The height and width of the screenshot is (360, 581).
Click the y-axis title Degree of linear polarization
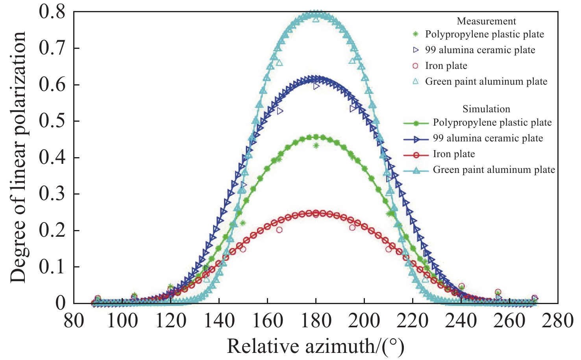[18, 158]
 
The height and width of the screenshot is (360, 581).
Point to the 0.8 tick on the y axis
[52, 12]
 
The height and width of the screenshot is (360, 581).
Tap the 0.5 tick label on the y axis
[52, 121]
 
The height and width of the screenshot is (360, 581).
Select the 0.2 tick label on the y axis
[52, 230]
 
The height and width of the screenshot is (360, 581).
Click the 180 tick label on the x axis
[316, 321]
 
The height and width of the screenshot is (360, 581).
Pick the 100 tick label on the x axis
[122, 321]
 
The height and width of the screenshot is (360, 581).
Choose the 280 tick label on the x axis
[557, 321]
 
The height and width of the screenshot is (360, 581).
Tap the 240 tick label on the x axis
[461, 321]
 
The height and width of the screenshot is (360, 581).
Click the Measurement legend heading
[486, 21]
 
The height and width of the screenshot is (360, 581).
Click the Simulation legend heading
[486, 109]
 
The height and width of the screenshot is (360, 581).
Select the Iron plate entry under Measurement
[446, 66]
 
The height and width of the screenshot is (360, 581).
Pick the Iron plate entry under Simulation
[454, 154]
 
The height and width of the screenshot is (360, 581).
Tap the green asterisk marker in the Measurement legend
[415, 34]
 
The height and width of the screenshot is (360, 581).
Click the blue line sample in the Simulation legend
[416, 139]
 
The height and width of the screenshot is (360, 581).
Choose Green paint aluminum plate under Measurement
[486, 82]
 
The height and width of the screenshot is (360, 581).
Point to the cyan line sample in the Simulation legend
[416, 170]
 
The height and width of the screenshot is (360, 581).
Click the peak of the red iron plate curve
[316, 213]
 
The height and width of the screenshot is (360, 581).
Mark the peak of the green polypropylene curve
[316, 137]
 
